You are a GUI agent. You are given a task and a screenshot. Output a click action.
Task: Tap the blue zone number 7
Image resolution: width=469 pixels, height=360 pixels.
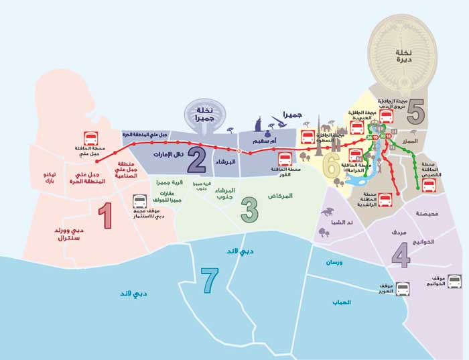click(x=210, y=280)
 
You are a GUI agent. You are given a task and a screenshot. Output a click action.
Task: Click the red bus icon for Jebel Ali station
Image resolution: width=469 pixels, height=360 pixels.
click(x=89, y=137)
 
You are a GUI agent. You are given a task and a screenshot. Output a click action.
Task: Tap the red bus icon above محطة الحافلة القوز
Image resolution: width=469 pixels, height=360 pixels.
click(x=285, y=159)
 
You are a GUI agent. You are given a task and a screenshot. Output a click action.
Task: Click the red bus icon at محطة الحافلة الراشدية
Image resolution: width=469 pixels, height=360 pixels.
click(x=385, y=199)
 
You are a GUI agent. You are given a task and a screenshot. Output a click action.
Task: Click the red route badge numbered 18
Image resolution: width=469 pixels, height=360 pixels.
click(x=389, y=137)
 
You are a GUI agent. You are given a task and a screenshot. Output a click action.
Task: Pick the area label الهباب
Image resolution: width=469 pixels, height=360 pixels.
click(x=342, y=302)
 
